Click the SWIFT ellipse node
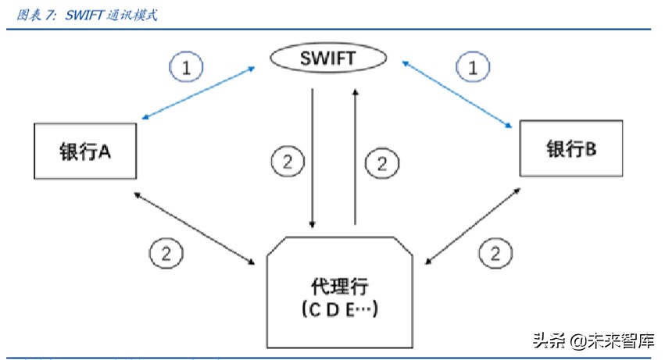point(328,58)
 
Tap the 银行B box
point(571,148)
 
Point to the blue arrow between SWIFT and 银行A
point(200,93)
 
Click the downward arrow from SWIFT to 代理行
point(313,156)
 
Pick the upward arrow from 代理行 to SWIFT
point(356,156)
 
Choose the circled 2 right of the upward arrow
point(381,163)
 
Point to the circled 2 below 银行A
point(165,252)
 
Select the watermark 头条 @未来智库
point(593,340)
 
